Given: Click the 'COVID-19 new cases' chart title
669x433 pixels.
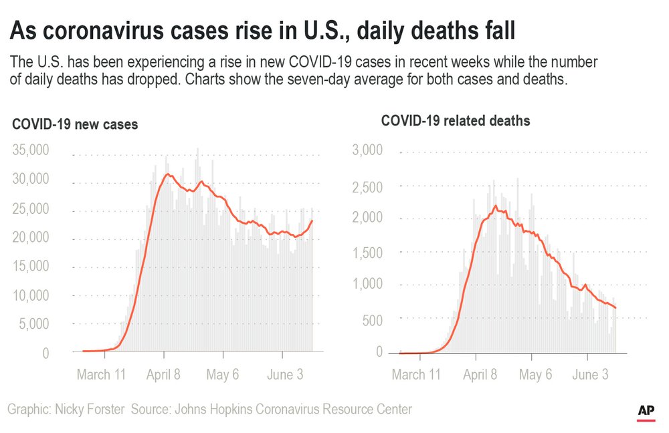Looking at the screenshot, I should (x=75, y=125).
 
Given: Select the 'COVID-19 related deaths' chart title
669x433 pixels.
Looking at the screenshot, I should (x=456, y=121).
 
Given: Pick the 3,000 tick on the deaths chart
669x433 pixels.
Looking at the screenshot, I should (x=367, y=150).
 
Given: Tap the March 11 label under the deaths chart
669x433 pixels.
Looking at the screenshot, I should (x=416, y=374).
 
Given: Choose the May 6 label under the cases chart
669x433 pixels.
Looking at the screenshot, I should (x=222, y=374).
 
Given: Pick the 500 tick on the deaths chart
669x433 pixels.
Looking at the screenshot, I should (x=373, y=320).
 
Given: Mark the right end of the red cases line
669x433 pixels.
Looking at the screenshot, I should (x=312, y=221).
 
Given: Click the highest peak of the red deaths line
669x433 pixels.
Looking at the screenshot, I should (x=494, y=206).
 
